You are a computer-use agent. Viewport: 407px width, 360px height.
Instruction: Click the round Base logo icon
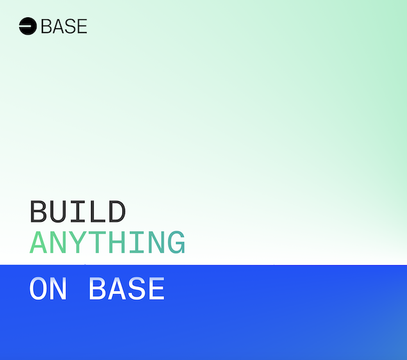click(x=28, y=26)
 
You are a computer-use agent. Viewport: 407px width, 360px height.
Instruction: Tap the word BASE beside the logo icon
click(x=63, y=26)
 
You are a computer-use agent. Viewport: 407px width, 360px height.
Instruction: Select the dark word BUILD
click(x=78, y=212)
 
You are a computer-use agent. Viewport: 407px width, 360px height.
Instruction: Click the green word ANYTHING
click(x=108, y=243)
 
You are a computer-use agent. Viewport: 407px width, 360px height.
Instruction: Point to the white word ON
click(x=49, y=290)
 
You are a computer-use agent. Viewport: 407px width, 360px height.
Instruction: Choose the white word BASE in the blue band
click(x=126, y=290)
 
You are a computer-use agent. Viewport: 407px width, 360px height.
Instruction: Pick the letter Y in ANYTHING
click(x=78, y=243)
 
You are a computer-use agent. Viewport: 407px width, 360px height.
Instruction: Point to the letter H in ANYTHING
click(x=117, y=243)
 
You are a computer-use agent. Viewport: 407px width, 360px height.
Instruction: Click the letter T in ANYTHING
click(x=97, y=243)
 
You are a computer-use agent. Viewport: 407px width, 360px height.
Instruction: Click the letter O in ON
click(x=39, y=290)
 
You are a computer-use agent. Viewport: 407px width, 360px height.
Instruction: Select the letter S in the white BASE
click(x=136, y=290)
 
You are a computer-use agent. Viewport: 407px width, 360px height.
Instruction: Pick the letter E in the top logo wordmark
click(x=81, y=26)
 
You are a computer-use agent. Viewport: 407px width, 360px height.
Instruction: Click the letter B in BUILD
click(x=39, y=212)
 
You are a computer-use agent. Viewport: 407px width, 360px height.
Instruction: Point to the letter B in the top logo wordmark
click(x=46, y=26)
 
